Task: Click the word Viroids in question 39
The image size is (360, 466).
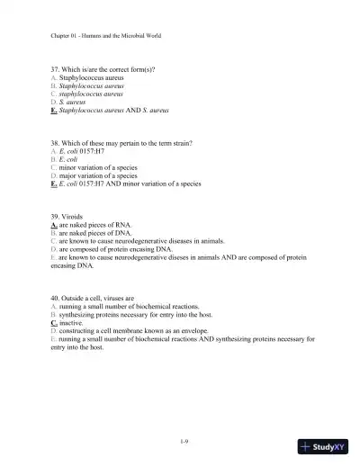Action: (x=75, y=217)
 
